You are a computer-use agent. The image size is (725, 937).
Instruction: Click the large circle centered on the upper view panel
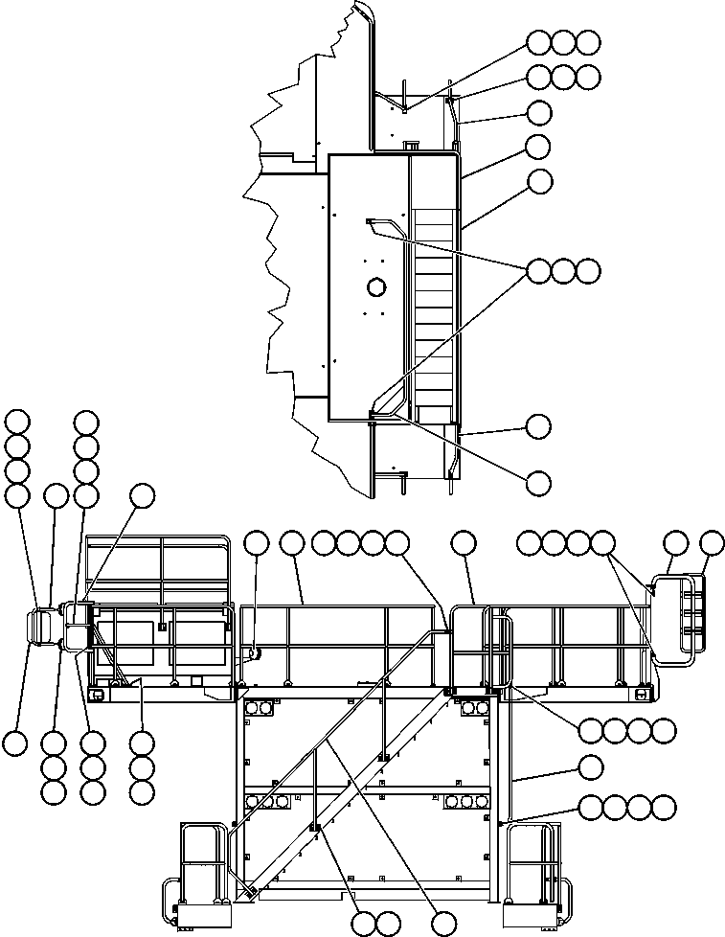(x=375, y=286)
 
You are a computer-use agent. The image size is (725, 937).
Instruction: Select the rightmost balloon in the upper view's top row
(x=588, y=42)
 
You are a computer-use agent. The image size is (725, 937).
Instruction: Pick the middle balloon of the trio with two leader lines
(x=564, y=271)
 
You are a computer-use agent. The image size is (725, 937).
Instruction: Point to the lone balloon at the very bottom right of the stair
(x=442, y=923)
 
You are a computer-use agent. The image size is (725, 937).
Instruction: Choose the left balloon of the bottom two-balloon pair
(x=363, y=923)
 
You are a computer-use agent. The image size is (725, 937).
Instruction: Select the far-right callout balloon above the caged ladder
(x=712, y=544)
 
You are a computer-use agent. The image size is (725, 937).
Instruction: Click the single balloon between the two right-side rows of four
(x=591, y=767)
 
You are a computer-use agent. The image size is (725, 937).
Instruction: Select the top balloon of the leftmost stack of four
(x=16, y=422)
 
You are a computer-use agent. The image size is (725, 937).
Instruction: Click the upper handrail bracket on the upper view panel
(x=370, y=222)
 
